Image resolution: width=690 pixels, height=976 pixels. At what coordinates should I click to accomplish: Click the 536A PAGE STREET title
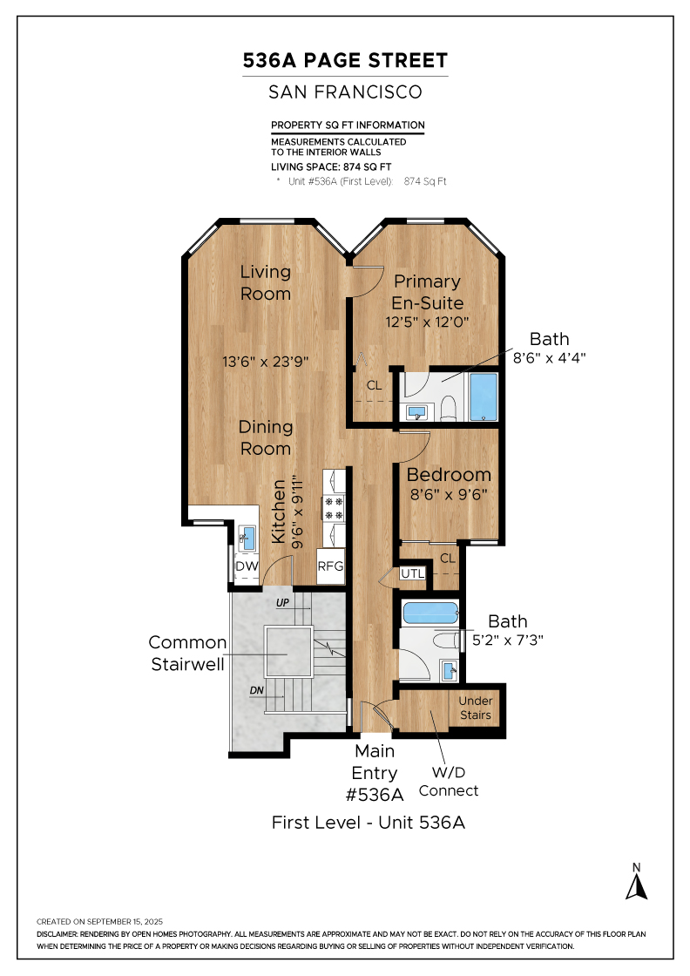pos(345,60)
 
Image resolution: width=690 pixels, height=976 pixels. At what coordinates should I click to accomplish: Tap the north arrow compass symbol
pos(636,886)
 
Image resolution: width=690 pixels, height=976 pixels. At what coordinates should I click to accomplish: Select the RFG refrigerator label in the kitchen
pos(330,566)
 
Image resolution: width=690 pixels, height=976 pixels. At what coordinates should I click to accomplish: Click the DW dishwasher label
pos(247,566)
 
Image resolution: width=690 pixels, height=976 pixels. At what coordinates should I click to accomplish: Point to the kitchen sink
pos(247,538)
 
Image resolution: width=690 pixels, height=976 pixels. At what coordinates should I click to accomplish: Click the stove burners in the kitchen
pos(334,508)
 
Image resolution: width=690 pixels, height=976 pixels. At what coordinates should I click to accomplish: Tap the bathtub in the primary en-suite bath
pos(484,396)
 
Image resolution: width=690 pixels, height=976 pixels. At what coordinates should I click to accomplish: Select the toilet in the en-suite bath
pos(449,408)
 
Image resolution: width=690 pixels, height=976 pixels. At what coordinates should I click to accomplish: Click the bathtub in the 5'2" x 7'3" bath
pos(430,613)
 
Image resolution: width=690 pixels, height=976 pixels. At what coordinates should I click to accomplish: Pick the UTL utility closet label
pos(412,573)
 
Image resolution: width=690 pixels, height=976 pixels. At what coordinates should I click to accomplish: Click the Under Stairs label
pos(476,708)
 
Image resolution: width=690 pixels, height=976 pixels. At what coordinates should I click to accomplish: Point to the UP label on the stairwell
pos(282,602)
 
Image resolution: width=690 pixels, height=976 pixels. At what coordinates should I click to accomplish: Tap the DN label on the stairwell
pos(257,690)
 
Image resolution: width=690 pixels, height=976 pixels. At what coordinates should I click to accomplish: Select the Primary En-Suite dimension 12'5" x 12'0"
pos(427,322)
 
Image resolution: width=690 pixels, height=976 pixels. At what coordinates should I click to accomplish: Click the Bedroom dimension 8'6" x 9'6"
pos(449,495)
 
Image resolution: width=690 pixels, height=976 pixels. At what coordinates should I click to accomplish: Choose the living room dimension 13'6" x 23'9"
pos(266,362)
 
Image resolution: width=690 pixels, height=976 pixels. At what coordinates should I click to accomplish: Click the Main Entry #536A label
pos(375,773)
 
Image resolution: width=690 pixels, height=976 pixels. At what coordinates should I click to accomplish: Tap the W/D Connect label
pos(449,782)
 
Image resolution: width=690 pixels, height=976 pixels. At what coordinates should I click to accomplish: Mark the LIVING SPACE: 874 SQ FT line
pos(331,166)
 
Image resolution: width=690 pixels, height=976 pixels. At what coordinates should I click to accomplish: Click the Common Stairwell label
pos(187,653)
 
